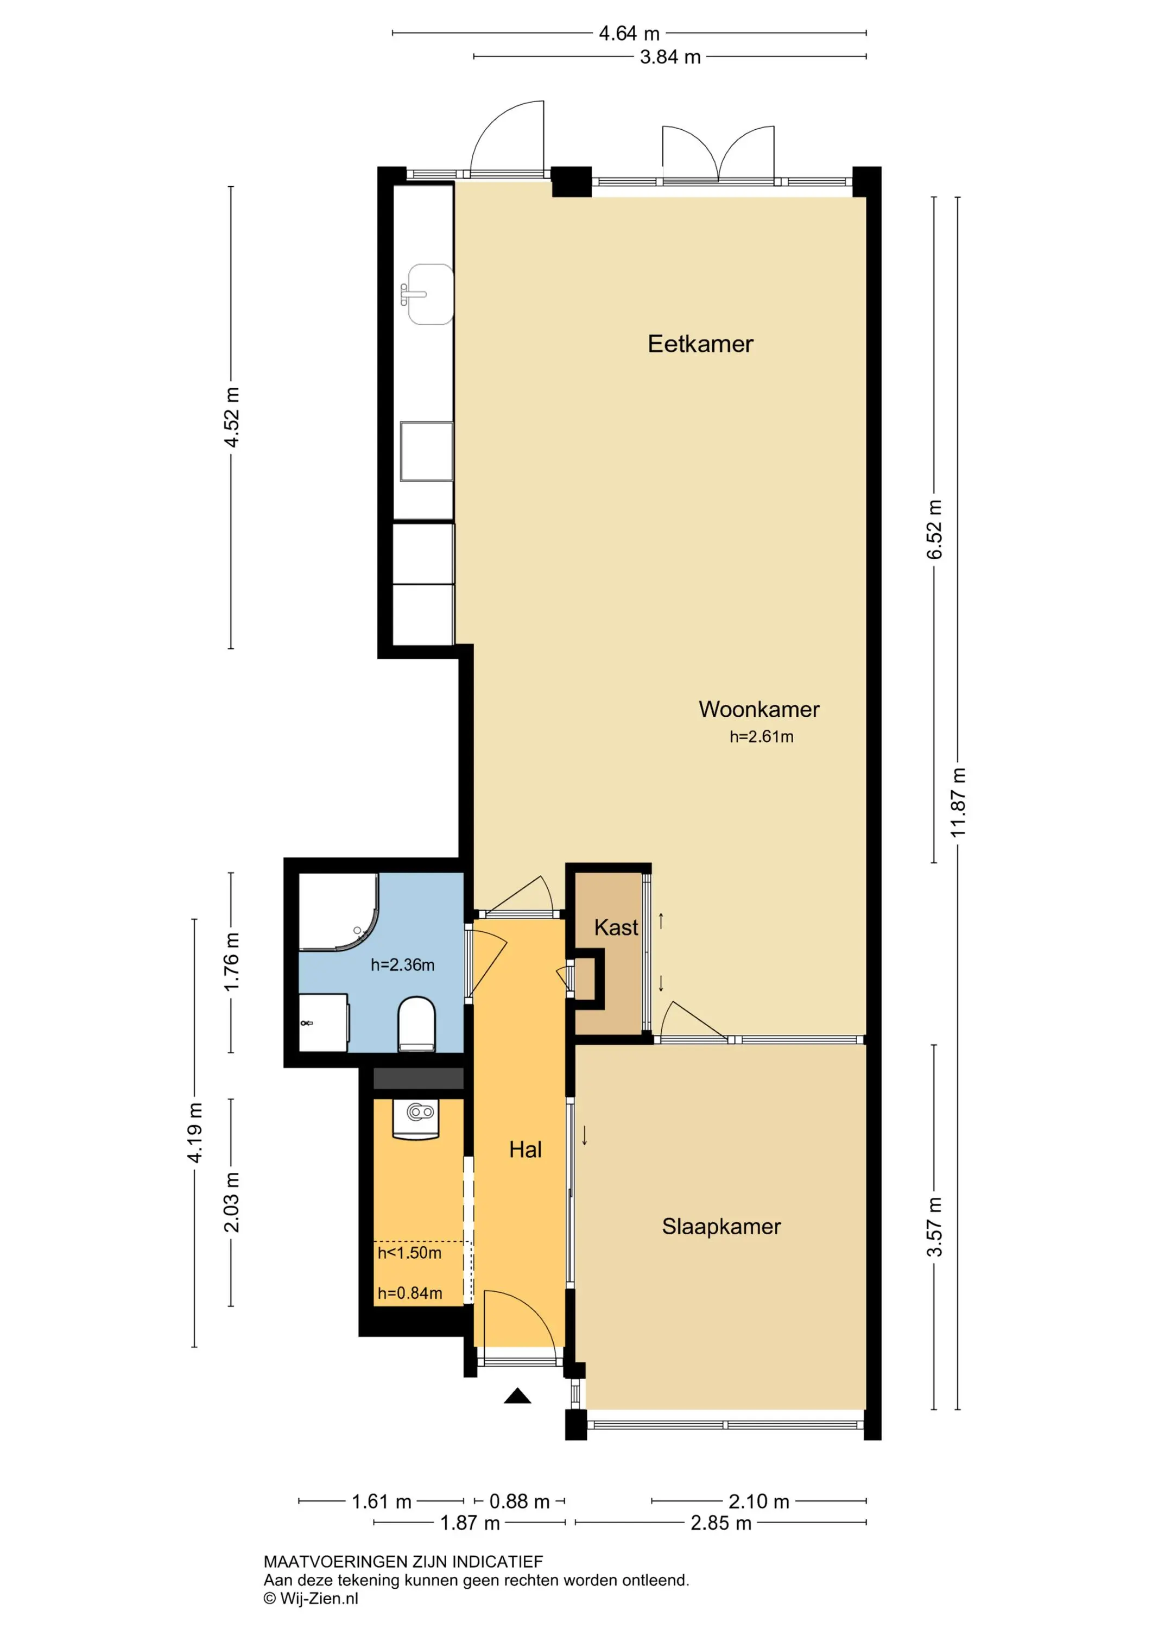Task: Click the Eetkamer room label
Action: coord(700,344)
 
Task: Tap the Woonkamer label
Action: coord(759,710)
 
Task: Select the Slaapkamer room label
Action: coord(721,1227)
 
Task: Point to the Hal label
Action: coord(526,1150)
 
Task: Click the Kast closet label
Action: coord(616,927)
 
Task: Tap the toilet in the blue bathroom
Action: coord(416,1024)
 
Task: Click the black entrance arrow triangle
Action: coord(518,1396)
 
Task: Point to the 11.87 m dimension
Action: coord(958,803)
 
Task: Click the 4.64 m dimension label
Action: coord(629,33)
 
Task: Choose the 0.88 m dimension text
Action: coord(519,1501)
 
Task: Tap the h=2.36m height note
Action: coord(402,965)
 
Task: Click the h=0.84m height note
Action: coord(410,1293)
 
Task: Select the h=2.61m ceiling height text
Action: coord(761,737)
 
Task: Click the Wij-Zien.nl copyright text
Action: coord(311,1599)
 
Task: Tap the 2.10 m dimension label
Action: coord(758,1501)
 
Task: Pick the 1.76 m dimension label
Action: coord(231,963)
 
